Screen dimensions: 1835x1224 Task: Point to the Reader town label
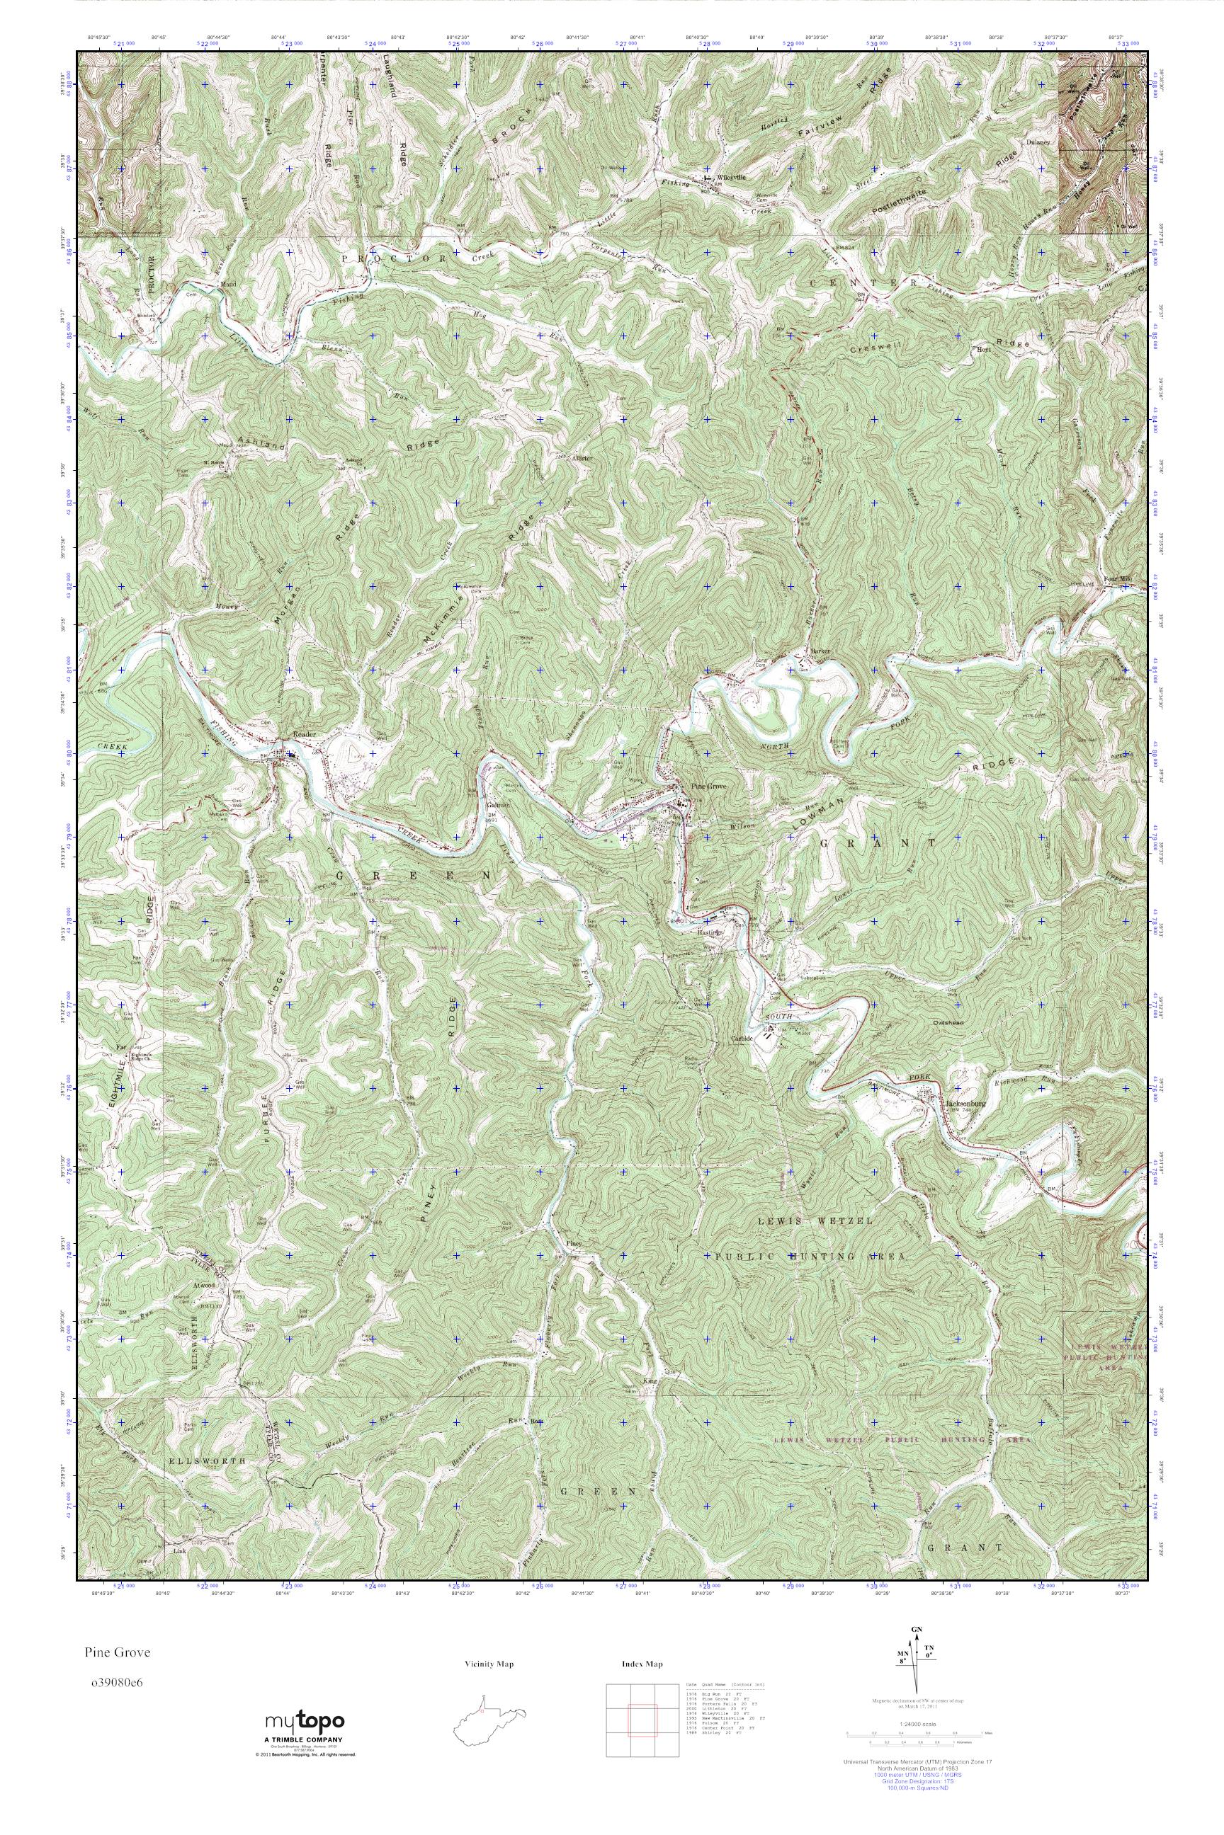(303, 735)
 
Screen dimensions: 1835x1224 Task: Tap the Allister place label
(583, 458)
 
